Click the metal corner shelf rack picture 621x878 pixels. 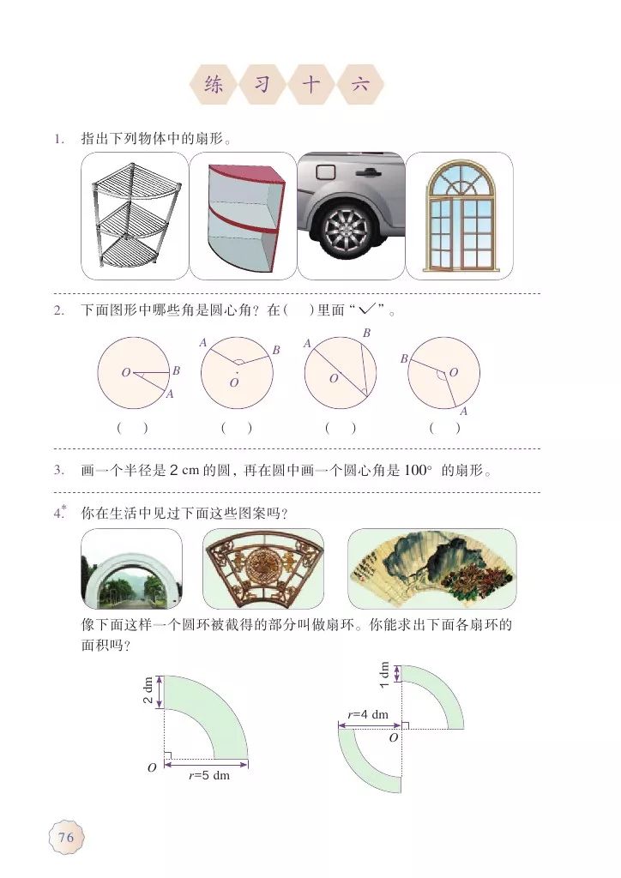coord(134,215)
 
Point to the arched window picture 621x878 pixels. coord(458,215)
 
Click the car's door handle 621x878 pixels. coord(369,171)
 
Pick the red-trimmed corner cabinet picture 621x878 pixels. coord(242,215)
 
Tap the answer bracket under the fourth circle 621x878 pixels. coord(444,427)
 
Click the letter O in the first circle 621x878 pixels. coord(125,373)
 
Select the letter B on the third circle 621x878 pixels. coord(366,333)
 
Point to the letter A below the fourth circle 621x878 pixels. coord(463,412)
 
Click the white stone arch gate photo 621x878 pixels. coord(131,568)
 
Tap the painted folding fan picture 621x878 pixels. coord(431,568)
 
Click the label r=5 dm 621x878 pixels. coord(209,776)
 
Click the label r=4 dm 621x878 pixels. coord(368,714)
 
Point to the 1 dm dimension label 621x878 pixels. coord(384,674)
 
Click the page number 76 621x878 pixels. coord(65,837)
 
